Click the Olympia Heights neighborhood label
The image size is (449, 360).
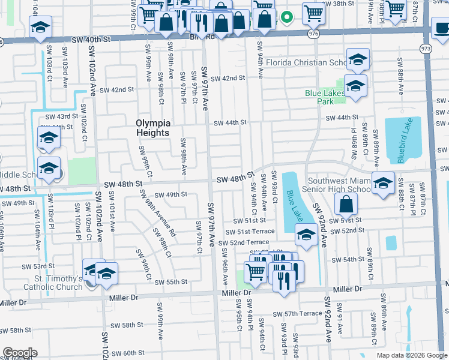152,128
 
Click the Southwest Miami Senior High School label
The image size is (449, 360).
340,185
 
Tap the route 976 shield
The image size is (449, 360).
315,35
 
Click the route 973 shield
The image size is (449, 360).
426,48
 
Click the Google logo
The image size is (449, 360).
20,353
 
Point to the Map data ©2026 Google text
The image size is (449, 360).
411,355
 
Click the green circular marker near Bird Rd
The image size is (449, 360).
287,17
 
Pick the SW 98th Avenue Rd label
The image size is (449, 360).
157,213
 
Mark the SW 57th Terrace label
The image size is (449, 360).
297,314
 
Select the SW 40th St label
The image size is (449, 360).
91,39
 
